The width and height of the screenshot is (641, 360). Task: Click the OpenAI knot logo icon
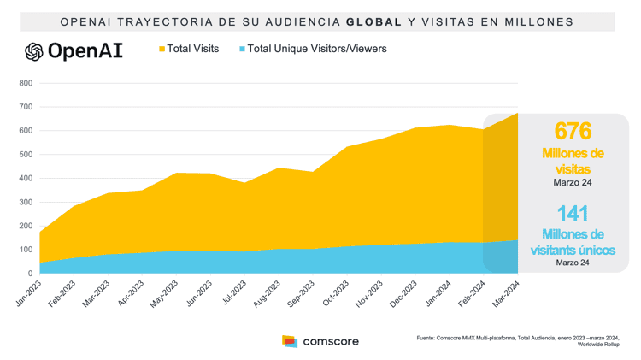tap(34, 51)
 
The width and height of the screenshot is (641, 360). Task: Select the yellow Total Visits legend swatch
tap(162, 50)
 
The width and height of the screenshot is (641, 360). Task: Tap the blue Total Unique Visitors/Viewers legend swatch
tap(242, 50)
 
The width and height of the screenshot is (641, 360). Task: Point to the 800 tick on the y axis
tap(25, 84)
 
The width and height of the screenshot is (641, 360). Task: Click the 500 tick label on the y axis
tap(25, 155)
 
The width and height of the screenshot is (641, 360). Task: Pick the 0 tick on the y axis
tap(30, 274)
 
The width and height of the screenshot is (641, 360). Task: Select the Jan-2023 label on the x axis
tap(27, 293)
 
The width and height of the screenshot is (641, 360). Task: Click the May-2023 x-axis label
tap(163, 293)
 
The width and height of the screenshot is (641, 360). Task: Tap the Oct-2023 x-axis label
tap(333, 293)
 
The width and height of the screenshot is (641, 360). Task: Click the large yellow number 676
tap(573, 131)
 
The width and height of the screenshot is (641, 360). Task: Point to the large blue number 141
tap(573, 214)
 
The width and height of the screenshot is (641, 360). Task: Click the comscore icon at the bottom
tap(290, 341)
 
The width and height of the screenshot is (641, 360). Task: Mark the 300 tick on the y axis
tap(25, 203)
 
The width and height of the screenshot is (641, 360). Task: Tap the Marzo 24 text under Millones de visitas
tap(573, 181)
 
